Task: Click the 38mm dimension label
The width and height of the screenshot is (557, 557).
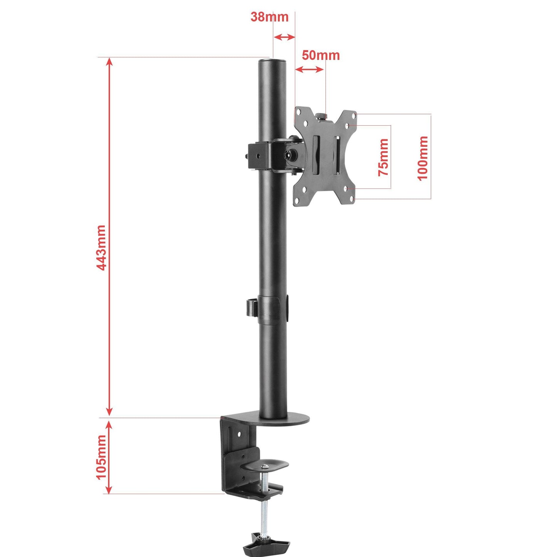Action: point(269,17)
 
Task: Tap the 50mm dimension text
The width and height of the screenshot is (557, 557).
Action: point(320,56)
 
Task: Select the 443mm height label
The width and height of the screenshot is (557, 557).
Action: point(101,247)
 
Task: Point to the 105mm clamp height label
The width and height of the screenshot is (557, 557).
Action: point(101,457)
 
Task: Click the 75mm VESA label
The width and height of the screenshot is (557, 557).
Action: point(384,157)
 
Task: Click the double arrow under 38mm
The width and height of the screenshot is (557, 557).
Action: point(284,37)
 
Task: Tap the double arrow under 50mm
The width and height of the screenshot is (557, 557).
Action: point(309,70)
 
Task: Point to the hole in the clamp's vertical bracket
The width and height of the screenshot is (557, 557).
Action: point(239,434)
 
